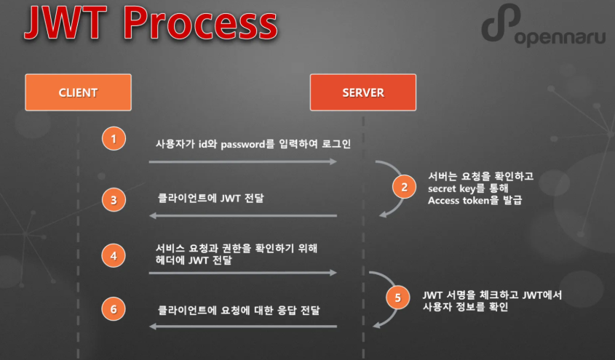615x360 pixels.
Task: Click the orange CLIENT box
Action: pos(78,92)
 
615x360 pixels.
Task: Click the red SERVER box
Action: pos(362,92)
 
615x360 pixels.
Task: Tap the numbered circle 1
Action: pos(114,138)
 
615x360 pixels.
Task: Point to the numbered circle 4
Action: pos(114,255)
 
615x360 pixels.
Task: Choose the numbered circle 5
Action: pos(397,297)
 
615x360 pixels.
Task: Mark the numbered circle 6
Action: pos(114,308)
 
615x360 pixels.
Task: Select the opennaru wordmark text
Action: pos(559,39)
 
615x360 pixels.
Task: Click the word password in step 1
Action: pos(246,144)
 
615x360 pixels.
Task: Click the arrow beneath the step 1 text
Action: pos(242,161)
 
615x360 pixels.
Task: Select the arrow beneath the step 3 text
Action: pos(242,215)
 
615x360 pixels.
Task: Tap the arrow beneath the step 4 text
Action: pos(242,273)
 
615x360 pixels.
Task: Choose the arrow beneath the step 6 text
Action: pos(242,326)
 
